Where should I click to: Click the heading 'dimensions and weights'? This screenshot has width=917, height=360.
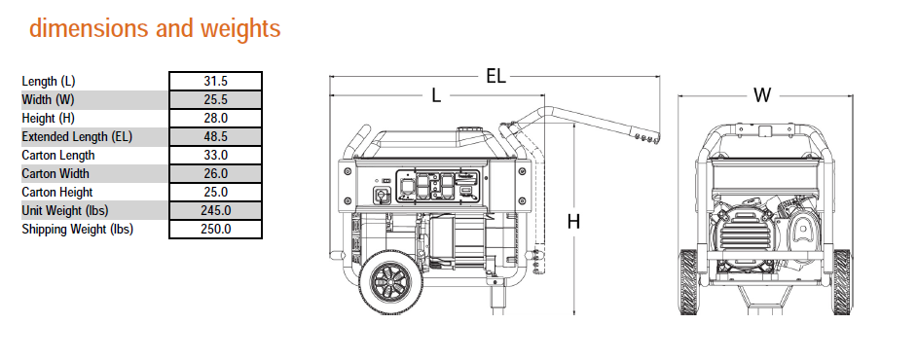[155, 28]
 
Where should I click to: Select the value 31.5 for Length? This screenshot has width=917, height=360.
[215, 81]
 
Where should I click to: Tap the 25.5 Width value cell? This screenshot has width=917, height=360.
[215, 100]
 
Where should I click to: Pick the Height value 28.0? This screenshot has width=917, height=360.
[215, 118]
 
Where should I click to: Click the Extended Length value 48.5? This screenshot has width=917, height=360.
[215, 137]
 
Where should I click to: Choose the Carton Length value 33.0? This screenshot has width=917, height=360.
[215, 156]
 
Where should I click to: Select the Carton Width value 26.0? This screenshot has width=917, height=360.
[215, 173]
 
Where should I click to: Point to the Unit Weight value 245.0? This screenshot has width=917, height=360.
[215, 210]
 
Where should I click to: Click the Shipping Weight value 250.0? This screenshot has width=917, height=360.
[215, 229]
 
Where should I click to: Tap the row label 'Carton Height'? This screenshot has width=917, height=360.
[57, 193]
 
